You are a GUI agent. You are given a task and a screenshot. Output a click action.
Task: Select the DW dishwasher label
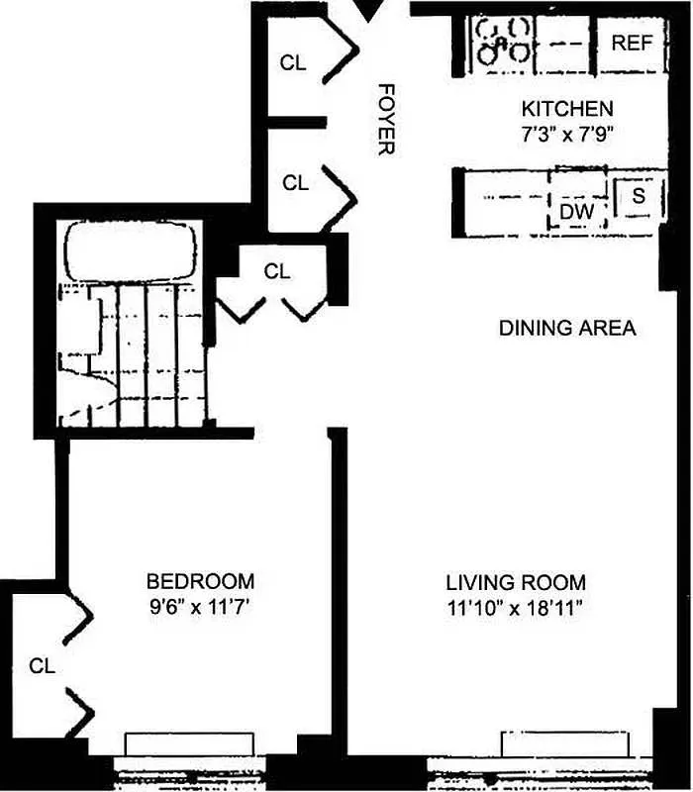576,211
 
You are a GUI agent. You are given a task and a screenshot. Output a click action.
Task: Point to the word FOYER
385,119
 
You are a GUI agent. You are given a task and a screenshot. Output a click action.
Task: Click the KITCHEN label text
567,109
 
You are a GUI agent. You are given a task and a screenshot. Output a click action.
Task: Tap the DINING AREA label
567,328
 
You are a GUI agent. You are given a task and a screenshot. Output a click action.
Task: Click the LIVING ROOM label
515,582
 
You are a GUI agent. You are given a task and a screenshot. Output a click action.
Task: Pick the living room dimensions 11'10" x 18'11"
515,607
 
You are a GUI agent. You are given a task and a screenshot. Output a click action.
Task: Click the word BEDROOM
200,580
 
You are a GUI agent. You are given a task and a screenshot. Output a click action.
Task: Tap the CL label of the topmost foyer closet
293,63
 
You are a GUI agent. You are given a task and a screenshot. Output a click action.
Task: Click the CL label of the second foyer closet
295,183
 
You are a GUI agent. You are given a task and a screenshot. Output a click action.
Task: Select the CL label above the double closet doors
277,271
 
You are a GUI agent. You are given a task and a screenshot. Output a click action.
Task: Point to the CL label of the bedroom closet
41,665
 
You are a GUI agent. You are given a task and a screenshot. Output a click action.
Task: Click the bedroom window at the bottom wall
189,745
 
